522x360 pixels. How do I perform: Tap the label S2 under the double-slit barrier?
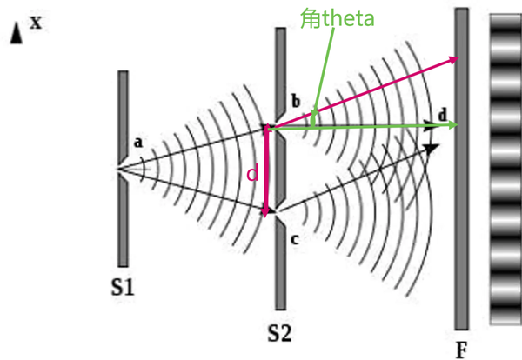click(x=280, y=333)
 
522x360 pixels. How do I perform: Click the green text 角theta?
click(x=337, y=17)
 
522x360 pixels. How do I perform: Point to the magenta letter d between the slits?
click(x=252, y=174)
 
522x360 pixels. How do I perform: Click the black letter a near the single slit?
click(x=137, y=141)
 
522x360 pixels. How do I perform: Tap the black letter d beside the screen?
click(x=443, y=115)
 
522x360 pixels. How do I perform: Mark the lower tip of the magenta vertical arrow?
click(x=266, y=212)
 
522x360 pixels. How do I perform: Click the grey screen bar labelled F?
click(x=461, y=174)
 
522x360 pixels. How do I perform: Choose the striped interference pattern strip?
click(x=505, y=170)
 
